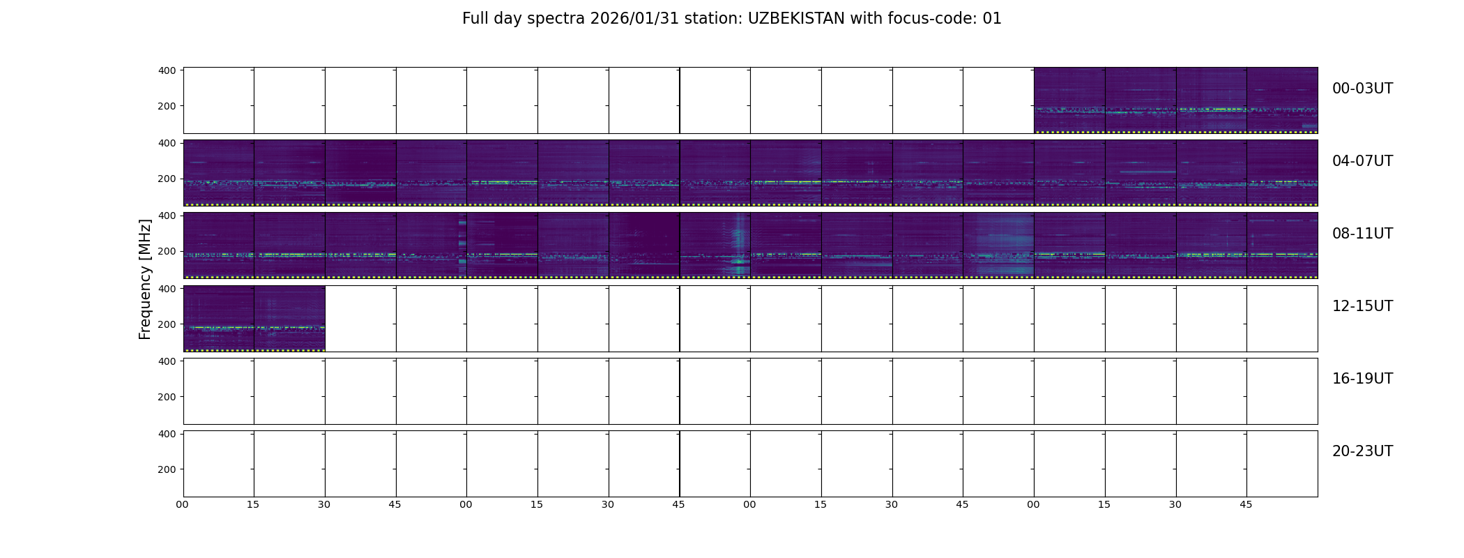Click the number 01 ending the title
click(992, 19)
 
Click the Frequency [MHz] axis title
click(145, 279)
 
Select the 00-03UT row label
click(1362, 89)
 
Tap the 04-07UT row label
click(1362, 161)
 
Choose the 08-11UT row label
click(1362, 234)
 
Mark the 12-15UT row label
click(1362, 306)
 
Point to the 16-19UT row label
click(1362, 379)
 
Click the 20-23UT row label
click(1362, 451)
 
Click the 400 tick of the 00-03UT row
click(167, 70)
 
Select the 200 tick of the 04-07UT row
click(167, 179)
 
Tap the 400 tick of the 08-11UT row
click(167, 216)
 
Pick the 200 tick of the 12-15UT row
click(167, 324)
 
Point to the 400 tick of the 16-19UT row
click(167, 361)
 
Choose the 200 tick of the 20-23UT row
click(167, 469)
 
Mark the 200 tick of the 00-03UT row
click(167, 107)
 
